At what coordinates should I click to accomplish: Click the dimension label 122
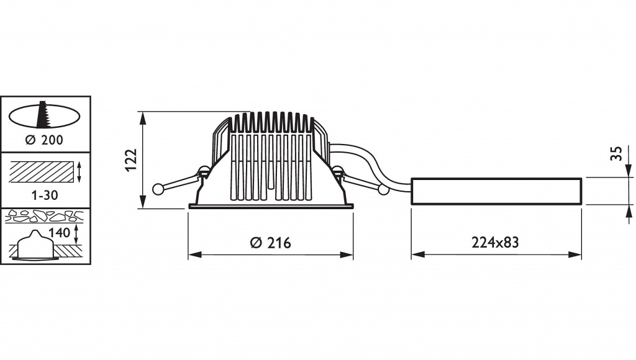[x=132, y=160]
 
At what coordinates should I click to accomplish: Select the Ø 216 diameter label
[x=271, y=243]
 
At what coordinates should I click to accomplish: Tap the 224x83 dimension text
[x=495, y=243]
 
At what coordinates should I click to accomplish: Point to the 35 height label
[x=616, y=154]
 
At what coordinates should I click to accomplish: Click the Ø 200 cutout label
[x=44, y=140]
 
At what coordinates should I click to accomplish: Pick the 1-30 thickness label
[x=45, y=196]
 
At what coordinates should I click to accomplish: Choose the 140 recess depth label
[x=59, y=233]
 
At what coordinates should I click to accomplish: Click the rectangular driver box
[x=497, y=191]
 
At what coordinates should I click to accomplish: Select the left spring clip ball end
[x=157, y=189]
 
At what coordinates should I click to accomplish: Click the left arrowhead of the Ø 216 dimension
[x=194, y=254]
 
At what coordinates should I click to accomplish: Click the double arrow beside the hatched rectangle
[x=79, y=173]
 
